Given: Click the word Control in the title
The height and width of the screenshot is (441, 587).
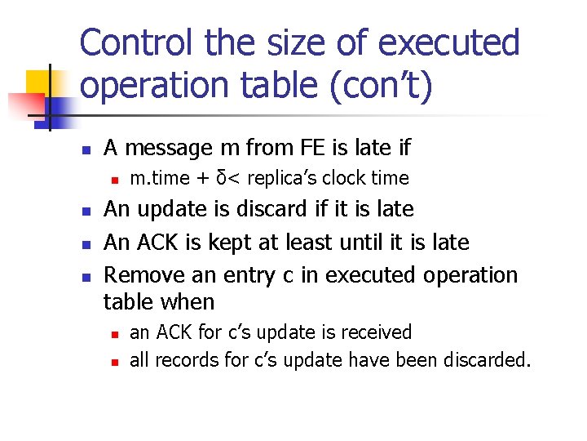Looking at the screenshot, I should coord(139,42).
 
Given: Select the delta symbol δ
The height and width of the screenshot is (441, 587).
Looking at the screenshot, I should coord(216,177).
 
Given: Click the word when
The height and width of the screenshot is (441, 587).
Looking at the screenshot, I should coord(188,302).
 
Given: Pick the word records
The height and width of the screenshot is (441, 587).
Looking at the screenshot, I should coord(183,359).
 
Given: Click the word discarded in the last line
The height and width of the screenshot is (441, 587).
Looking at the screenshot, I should coord(489,359).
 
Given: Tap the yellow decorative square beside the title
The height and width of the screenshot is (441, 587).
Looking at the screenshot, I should coord(39,84).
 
